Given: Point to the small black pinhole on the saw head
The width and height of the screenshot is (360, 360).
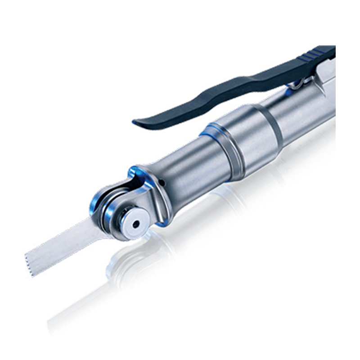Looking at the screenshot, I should (161, 182).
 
